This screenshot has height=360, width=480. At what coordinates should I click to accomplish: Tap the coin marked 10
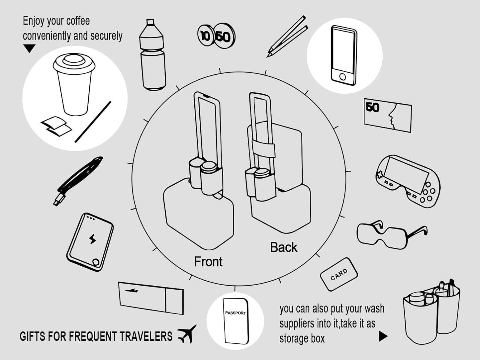click(x=205, y=36)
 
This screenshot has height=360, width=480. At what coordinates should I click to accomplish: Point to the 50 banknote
click(x=387, y=115)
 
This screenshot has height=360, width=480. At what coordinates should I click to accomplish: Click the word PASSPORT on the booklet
click(x=235, y=313)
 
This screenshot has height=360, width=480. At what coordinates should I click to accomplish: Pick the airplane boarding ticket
click(x=151, y=298)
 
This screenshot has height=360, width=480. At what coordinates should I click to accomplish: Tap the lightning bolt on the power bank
click(x=92, y=239)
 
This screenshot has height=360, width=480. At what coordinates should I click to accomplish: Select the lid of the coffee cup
click(x=74, y=63)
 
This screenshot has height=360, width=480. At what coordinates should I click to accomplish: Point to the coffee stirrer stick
click(x=93, y=122)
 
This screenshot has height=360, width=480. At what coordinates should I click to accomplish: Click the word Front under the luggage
click(x=208, y=262)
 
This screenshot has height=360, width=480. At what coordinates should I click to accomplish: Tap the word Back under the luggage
click(x=283, y=247)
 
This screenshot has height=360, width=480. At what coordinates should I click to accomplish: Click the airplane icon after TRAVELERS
click(x=187, y=334)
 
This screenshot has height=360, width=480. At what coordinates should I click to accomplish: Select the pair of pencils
click(x=286, y=36)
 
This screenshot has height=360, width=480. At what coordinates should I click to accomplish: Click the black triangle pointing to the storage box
click(x=383, y=336)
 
